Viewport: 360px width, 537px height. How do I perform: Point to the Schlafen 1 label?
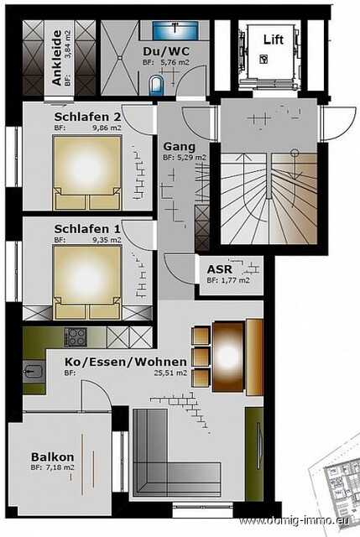click(87, 228)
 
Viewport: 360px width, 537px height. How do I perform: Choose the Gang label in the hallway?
click(177, 144)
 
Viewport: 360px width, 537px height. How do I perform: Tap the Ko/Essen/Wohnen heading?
click(126, 362)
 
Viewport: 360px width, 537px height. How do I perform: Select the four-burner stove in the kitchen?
click(76, 338)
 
